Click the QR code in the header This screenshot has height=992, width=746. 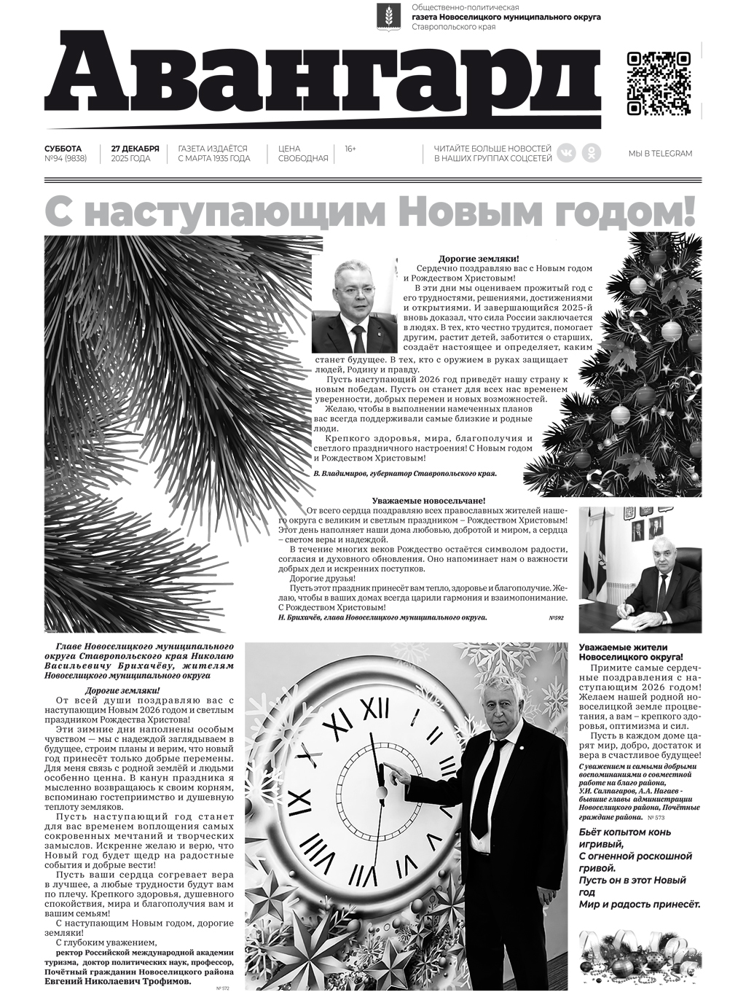659,84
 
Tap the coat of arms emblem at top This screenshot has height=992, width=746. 385,18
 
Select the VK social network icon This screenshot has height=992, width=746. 566,152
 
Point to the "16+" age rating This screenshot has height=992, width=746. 350,149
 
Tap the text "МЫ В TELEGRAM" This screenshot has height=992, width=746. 660,154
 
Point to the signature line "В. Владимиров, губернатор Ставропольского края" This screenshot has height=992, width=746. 404,474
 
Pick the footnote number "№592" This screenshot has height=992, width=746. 557,618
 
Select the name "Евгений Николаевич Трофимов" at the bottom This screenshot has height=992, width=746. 117,981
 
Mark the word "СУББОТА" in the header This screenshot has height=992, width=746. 63,148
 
